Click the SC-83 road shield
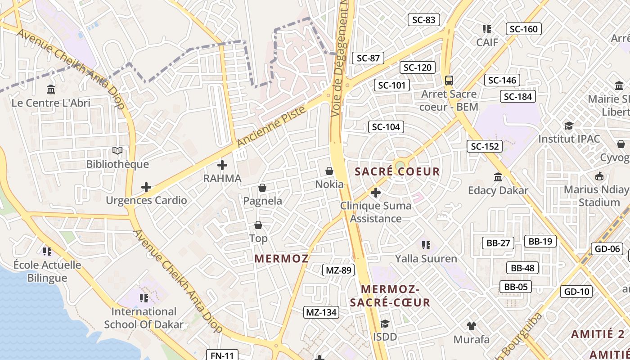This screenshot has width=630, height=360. (x=423, y=20)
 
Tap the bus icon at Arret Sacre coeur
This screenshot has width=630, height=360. (x=449, y=81)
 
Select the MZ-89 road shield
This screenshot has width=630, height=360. (x=338, y=270)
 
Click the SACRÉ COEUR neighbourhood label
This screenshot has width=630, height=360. (x=397, y=171)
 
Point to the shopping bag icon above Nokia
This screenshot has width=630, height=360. (x=329, y=171)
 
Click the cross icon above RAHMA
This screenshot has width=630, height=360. (x=222, y=165)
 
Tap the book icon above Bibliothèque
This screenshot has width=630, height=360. (x=117, y=151)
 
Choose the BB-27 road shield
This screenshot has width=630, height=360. (x=498, y=243)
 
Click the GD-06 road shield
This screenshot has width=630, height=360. (x=607, y=249)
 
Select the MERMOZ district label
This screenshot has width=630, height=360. (x=282, y=259)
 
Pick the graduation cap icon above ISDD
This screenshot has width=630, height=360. (x=385, y=324)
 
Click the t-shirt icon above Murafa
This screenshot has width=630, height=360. (x=471, y=326)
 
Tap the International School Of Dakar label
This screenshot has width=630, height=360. (x=144, y=318)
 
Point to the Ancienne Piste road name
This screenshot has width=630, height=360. (x=271, y=126)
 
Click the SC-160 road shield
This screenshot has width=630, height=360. (x=524, y=29)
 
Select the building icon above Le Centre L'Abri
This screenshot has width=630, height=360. (x=51, y=89)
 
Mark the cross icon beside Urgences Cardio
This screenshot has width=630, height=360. (x=146, y=187)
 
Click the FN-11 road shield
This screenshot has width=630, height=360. (x=222, y=355)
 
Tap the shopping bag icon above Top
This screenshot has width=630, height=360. (x=258, y=225)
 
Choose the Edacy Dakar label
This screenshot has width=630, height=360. (x=498, y=190)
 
